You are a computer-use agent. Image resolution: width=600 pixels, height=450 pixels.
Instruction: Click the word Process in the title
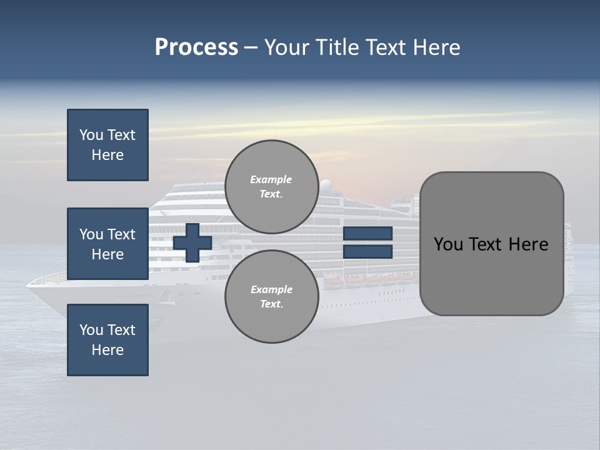[196, 47]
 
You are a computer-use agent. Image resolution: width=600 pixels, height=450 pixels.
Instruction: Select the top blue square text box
[107, 145]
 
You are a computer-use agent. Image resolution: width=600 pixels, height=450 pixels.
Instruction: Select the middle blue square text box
[107, 244]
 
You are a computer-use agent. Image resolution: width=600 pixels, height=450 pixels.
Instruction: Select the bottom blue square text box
[107, 340]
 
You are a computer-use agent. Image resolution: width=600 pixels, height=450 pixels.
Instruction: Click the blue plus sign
[192, 242]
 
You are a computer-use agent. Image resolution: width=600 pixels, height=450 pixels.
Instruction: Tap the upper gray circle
[272, 187]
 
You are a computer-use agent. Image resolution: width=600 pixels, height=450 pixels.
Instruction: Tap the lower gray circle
[272, 296]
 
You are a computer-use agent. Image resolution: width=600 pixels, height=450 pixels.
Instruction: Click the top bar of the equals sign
[367, 234]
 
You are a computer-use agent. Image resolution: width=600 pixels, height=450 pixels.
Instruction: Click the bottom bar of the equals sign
[367, 252]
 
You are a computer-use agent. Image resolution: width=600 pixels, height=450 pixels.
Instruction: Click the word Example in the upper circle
[271, 179]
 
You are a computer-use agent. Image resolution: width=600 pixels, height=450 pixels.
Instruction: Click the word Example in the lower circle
[271, 289]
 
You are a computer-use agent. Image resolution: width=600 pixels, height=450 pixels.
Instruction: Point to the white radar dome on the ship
[326, 184]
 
